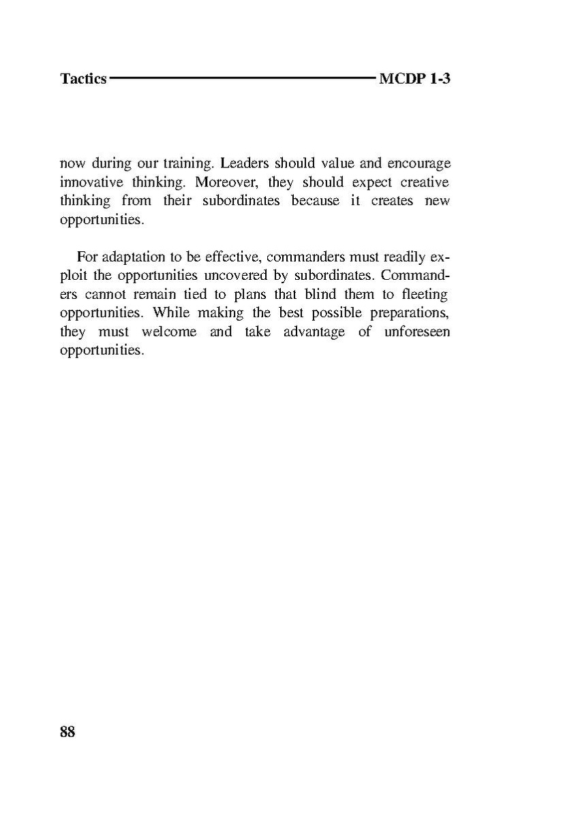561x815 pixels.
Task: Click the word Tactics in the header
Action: click(83, 79)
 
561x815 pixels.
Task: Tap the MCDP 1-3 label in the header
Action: click(414, 79)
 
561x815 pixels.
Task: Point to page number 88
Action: click(67, 732)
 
